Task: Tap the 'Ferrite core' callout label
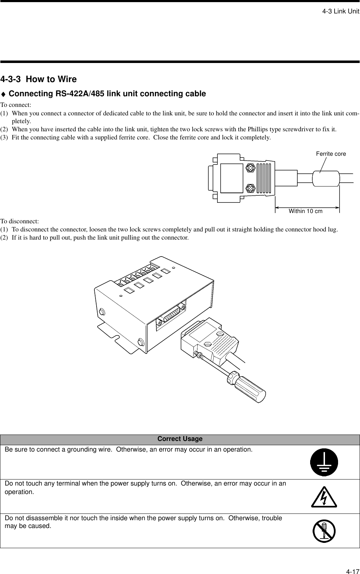tap(331, 154)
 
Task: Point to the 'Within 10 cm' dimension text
tap(306, 211)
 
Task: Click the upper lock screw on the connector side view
tap(250, 168)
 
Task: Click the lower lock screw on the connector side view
tap(250, 189)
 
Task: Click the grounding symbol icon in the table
tap(324, 462)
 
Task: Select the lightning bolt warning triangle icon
tap(324, 497)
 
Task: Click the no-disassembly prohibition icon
tap(324, 531)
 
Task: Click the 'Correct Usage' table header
tap(180, 439)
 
